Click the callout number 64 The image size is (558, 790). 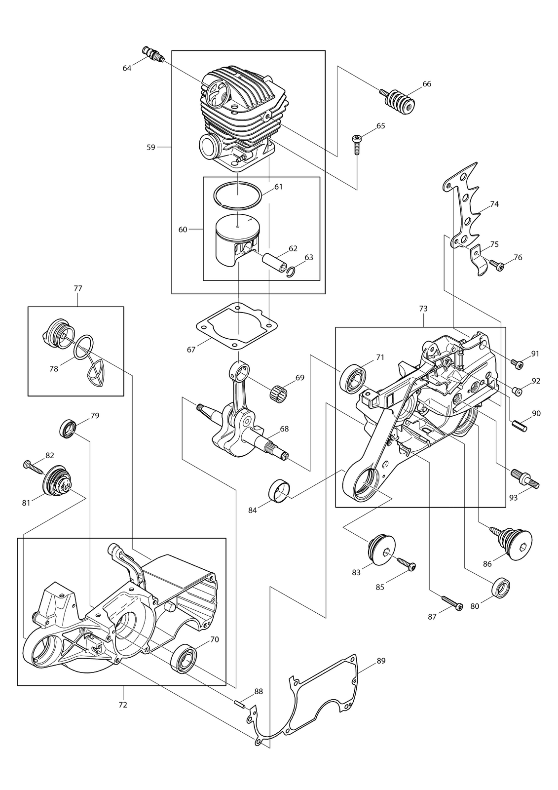(x=126, y=69)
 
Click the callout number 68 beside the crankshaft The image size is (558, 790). (x=284, y=429)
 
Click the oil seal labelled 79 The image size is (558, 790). (x=67, y=429)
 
